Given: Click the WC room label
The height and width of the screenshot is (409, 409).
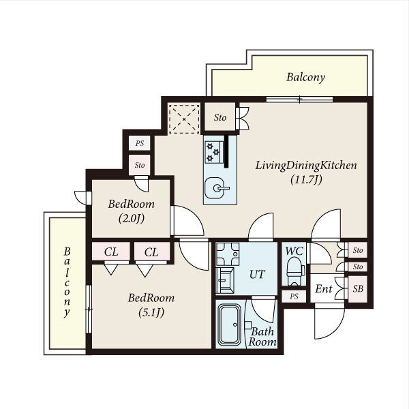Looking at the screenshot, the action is point(294,251).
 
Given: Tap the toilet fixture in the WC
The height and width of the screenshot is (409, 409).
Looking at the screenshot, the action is point(295,271).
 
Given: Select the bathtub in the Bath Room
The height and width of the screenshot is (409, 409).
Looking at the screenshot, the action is point(230,324).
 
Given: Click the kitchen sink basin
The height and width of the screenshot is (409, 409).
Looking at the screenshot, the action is point(215,188).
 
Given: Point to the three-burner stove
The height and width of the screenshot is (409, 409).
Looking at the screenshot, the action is point(214,152).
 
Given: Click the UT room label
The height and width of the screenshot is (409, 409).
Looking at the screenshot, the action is point(257,275).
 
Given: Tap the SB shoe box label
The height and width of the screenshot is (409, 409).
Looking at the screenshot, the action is point(358,289).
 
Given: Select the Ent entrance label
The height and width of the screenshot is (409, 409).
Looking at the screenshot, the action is point(323,289).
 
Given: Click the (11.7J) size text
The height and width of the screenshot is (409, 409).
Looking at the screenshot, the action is point(306,179).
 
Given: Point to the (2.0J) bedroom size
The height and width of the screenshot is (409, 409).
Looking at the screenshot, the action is point(131,219).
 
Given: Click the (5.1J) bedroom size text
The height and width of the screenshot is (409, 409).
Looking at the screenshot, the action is point(151,312).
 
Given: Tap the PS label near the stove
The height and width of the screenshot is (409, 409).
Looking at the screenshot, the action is point(140,143).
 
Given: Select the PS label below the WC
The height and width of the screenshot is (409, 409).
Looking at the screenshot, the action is point(294,297).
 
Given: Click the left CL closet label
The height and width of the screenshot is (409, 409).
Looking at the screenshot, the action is point(111,252).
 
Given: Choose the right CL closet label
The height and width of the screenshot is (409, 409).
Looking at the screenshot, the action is point(151,252).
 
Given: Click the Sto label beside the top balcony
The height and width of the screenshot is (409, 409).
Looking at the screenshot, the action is point(220,117).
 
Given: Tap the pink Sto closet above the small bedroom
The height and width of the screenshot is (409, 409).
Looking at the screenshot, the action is point(140,165).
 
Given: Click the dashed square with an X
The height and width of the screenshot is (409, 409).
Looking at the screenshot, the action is point(184,119).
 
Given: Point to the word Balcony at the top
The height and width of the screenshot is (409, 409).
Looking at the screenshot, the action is point(305,77).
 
